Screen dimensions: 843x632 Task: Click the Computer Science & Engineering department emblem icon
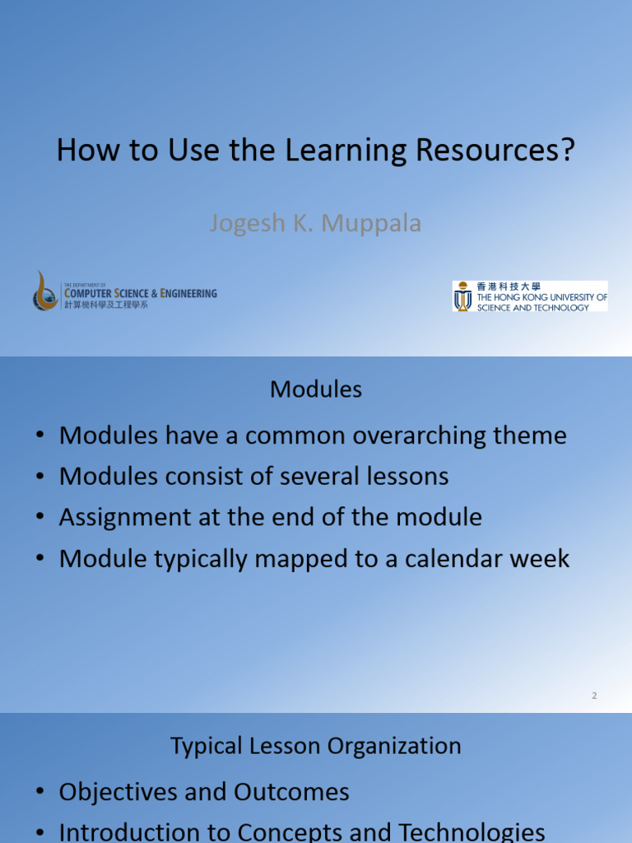pos(45,291)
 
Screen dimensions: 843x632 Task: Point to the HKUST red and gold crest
pos(463,296)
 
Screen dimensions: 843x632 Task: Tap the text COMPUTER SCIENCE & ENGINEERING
pos(141,292)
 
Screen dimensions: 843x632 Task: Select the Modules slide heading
pos(316,389)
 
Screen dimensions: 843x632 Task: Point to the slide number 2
pos(593,696)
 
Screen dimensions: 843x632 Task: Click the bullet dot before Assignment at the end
pos(39,519)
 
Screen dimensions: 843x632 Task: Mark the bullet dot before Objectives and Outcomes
pos(39,793)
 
